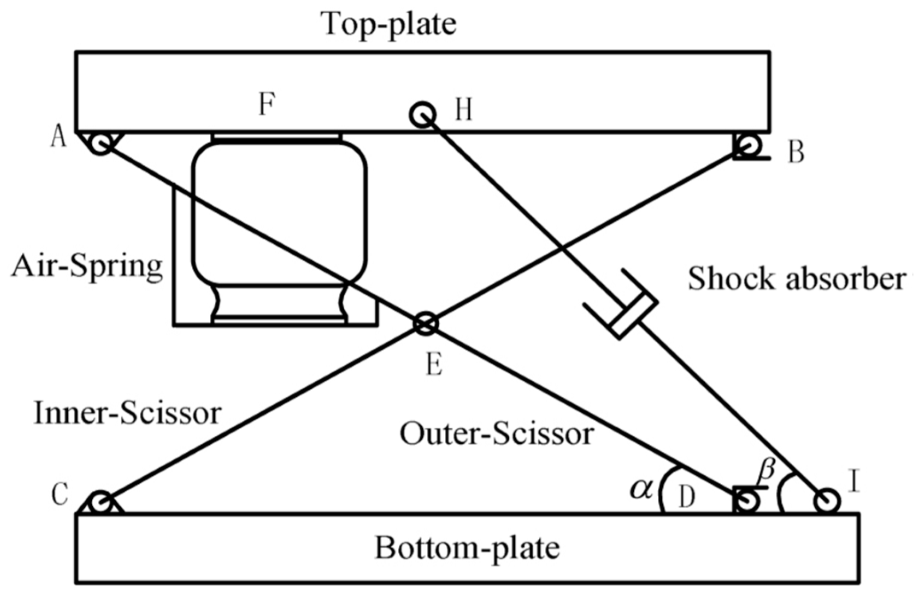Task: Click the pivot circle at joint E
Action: (426, 324)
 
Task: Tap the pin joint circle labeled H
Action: (422, 115)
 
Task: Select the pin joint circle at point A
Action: (101, 143)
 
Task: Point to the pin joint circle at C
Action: (101, 503)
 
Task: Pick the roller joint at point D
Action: (747, 501)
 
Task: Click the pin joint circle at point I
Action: (827, 501)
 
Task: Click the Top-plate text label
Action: (389, 24)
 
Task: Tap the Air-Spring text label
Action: (87, 268)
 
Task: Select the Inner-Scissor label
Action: (128, 414)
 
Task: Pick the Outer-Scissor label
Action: (497, 434)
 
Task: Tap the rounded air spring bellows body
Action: (279, 213)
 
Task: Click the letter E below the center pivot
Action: (433, 366)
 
